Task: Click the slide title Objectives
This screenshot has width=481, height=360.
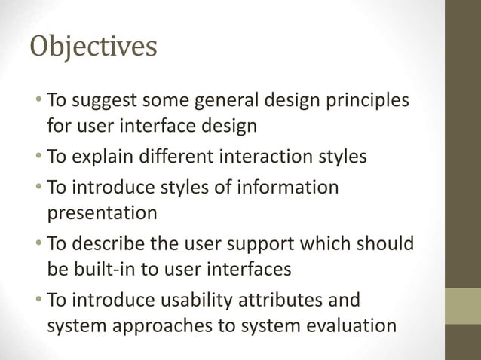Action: (x=93, y=47)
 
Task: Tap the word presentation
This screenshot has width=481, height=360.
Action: (x=103, y=213)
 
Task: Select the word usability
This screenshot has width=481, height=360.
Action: (x=195, y=301)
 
